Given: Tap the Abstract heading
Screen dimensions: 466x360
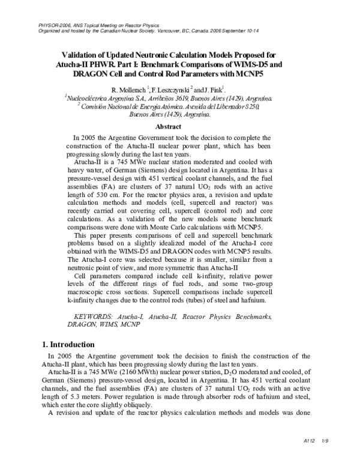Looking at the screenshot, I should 168,127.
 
